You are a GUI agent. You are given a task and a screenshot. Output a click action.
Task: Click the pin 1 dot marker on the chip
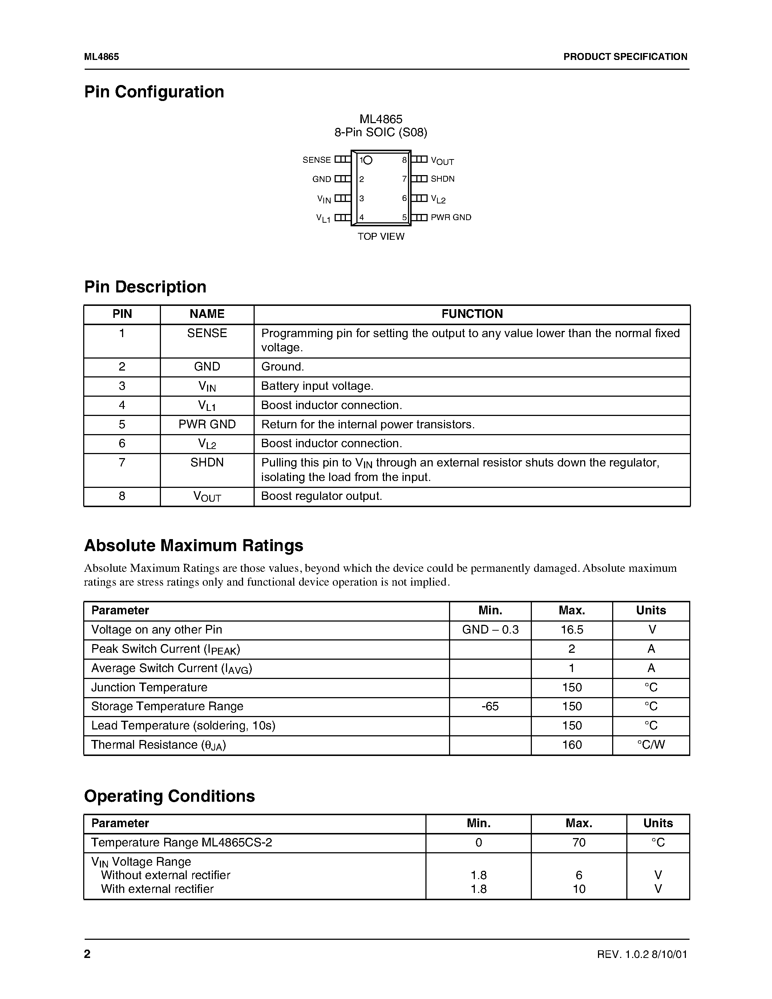coord(368,160)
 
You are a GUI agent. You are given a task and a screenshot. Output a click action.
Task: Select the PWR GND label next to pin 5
coord(450,217)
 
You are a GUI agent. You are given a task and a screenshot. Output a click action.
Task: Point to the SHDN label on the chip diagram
coord(442,179)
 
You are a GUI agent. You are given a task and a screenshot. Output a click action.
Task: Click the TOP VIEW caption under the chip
coord(380,236)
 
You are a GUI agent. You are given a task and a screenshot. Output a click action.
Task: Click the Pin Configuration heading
coord(154,92)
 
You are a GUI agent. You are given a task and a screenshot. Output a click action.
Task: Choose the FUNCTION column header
coord(472,314)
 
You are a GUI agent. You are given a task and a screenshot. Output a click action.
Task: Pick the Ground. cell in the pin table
coord(282,367)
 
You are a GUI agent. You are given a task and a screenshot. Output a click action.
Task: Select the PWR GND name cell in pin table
coord(207,424)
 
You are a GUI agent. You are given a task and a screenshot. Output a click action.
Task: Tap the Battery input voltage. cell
coord(317,386)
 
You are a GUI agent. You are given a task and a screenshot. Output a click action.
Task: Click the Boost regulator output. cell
coord(321,496)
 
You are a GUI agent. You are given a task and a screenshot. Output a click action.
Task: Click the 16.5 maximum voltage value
coord(572,630)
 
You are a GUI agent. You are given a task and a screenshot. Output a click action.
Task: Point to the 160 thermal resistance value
coord(572,745)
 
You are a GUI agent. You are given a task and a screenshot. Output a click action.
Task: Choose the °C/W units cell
coord(651,745)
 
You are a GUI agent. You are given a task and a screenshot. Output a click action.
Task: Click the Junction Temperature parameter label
coord(149,688)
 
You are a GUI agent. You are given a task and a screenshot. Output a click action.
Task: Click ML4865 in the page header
coord(101,57)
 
